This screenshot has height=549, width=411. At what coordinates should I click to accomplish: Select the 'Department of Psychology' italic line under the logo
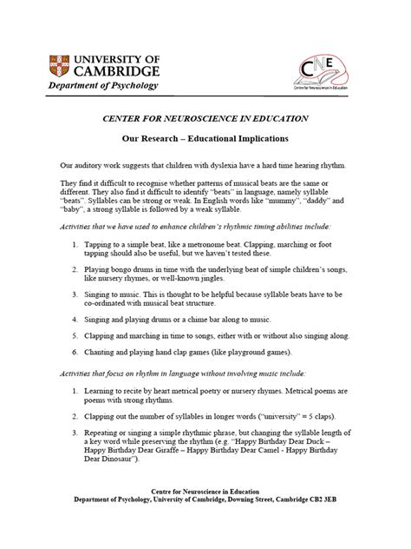102,87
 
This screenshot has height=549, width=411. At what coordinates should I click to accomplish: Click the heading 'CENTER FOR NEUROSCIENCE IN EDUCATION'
205,117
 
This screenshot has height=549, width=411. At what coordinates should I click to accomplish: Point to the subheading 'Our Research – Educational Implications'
205,138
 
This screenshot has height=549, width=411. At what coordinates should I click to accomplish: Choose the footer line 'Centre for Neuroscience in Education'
205,514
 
